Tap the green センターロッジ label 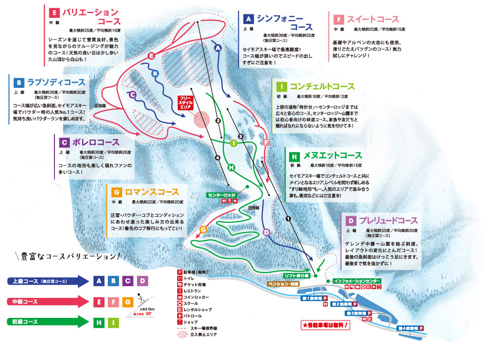pos(222,195)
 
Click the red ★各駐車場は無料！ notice pos(327,325)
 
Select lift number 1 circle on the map pos(288,219)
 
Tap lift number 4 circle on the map pos(217,158)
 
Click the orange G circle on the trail pos(203,229)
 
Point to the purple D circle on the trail pos(266,233)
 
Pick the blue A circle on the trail pos(217,48)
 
